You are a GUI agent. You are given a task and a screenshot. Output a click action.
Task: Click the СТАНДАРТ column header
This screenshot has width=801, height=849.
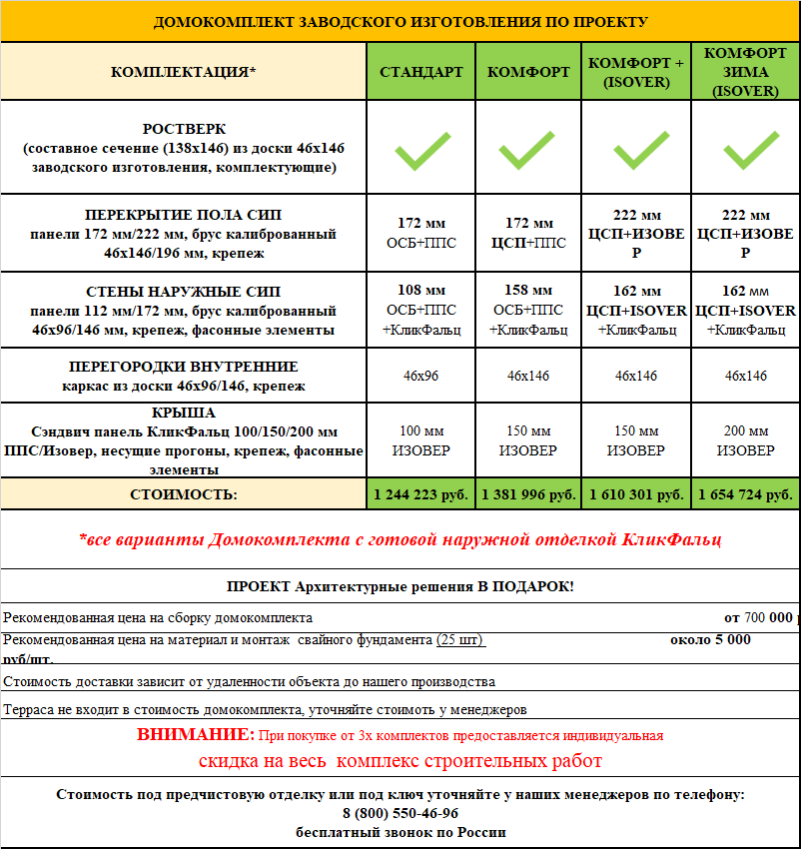420,72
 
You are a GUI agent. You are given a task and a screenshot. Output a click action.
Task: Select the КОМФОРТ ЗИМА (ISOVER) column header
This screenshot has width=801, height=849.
746,72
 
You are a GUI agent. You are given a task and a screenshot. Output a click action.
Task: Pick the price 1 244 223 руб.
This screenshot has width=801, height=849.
420,494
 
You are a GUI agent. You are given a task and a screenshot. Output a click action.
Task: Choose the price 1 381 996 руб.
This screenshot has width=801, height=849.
528,494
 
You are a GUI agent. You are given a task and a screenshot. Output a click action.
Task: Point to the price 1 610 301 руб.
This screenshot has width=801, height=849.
636,494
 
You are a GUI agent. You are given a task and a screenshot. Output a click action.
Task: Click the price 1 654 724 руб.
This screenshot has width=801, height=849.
745,494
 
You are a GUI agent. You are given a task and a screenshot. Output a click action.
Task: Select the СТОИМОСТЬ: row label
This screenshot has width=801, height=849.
184,494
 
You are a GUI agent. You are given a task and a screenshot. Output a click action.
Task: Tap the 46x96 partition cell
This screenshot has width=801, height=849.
420,376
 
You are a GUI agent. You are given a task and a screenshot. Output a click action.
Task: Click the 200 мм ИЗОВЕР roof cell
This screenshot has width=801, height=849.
745,440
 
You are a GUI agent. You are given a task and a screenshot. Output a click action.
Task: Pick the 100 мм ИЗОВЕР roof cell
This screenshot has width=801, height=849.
420,440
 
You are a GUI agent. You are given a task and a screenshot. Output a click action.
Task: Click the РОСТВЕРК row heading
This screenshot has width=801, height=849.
184,130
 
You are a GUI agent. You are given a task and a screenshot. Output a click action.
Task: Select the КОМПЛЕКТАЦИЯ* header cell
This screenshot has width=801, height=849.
184,72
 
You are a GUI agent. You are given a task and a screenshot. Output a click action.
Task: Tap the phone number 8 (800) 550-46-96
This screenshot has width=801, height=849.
400,813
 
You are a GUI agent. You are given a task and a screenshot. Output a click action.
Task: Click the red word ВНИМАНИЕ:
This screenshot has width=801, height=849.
196,735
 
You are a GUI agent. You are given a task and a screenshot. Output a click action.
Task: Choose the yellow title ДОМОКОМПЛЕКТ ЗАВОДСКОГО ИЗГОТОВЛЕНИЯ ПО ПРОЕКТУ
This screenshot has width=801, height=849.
400,21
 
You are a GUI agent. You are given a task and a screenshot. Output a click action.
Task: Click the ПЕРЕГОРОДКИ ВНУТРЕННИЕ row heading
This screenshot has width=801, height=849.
184,367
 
